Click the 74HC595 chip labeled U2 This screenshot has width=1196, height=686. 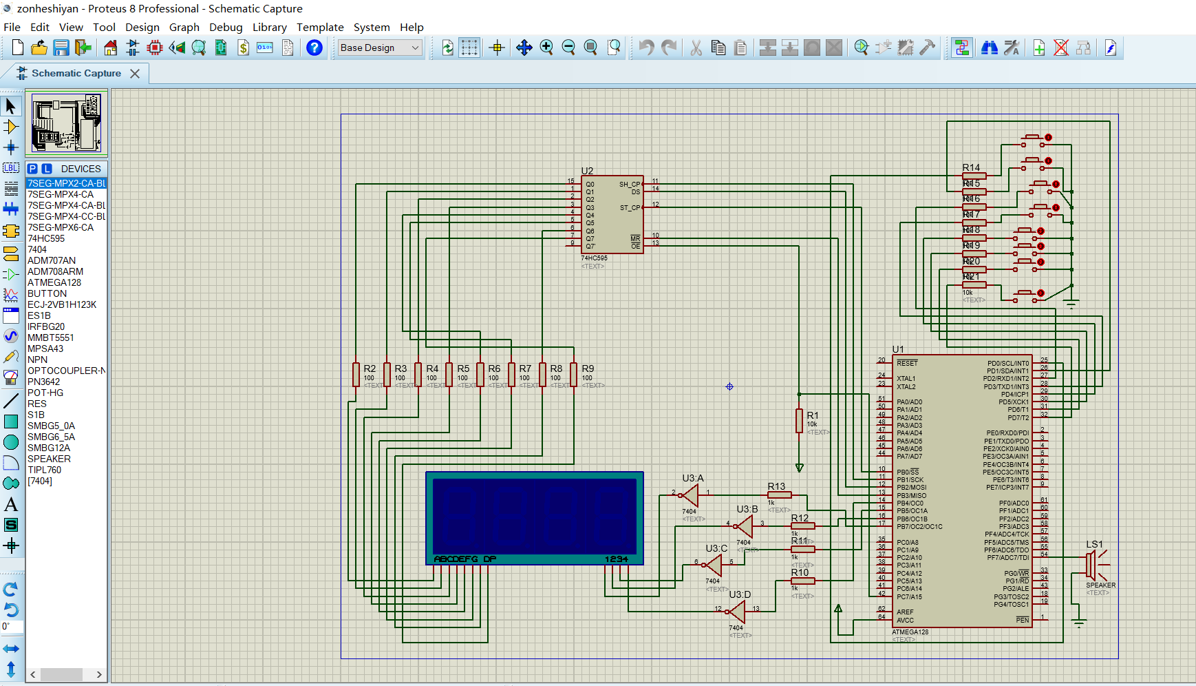point(612,215)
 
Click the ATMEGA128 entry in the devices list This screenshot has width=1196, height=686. point(54,282)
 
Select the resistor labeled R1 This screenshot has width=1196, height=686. point(799,420)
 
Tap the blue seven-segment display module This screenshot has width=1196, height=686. point(534,518)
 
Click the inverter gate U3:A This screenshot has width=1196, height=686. point(690,495)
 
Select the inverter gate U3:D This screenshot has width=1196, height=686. point(737,611)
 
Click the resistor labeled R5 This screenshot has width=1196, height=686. point(449,375)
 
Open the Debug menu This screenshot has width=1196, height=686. point(226,28)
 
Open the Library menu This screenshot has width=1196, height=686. point(269,28)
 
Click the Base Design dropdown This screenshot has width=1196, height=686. point(379,48)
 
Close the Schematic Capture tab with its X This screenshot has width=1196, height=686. point(135,74)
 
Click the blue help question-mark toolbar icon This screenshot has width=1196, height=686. point(314,48)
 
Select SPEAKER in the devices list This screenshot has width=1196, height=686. point(49,459)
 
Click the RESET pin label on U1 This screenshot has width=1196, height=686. point(907,363)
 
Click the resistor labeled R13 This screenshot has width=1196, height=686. point(779,495)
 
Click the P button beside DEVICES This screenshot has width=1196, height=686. point(32,169)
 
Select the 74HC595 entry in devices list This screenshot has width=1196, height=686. point(46,238)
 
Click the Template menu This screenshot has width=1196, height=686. point(320,28)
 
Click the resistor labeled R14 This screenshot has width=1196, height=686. point(974,176)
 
